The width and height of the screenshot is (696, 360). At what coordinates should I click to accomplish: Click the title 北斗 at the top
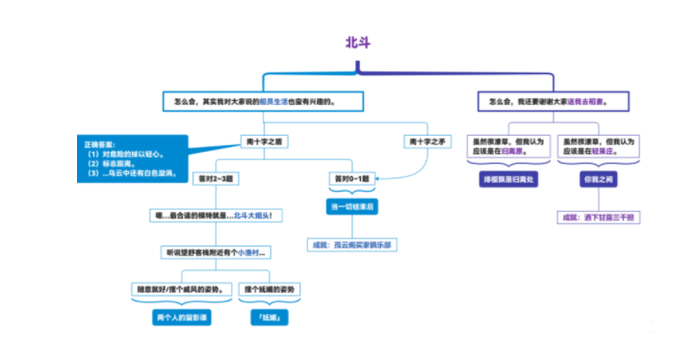(356, 42)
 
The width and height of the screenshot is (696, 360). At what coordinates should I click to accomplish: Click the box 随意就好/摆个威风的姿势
(182, 289)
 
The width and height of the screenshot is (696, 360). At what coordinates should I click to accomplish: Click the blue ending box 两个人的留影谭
(182, 317)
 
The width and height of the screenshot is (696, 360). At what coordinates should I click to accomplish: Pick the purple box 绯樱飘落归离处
(505, 179)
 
